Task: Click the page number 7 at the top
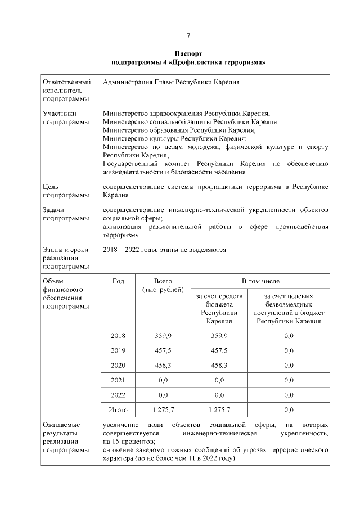tap(188, 35)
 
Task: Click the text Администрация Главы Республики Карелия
tap(172, 83)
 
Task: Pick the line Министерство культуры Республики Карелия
tap(174, 138)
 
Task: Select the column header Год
tap(118, 281)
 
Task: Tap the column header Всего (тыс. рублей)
tap(163, 285)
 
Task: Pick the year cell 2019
tap(118, 350)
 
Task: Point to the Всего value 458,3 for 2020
tap(163, 365)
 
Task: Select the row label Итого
tap(118, 409)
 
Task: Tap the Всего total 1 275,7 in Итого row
tap(163, 409)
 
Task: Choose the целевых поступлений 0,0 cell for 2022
tap(289, 395)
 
